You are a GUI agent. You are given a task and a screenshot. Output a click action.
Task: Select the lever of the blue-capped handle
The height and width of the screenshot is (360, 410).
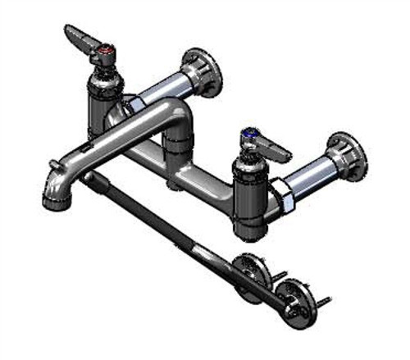(x=275, y=148)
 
